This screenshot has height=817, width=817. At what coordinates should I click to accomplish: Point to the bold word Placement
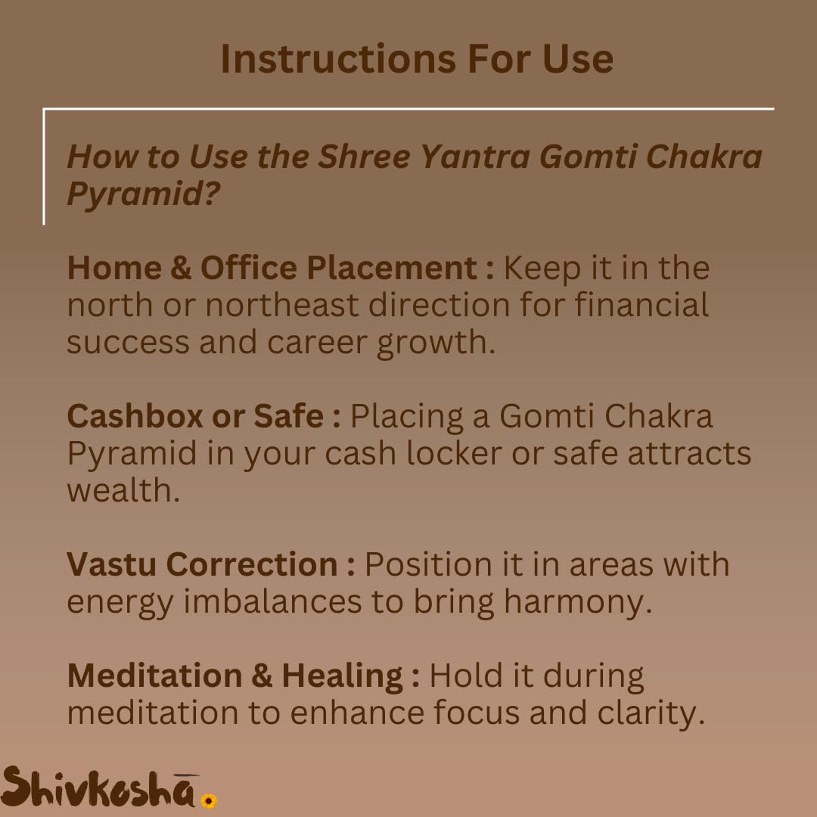coord(390,269)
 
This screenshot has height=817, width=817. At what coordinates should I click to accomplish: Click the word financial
coord(641,305)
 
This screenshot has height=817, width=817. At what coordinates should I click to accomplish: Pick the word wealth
coord(123,490)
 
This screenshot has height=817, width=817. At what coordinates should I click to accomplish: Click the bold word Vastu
coord(111,564)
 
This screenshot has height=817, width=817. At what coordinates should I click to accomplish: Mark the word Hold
coord(461,676)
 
